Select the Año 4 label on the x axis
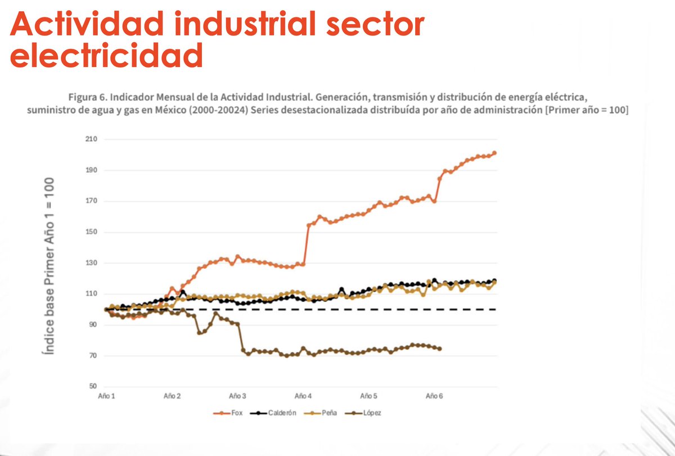[302, 396]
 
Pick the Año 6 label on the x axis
[433, 396]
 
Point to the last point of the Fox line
[494, 153]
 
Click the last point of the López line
[439, 349]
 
